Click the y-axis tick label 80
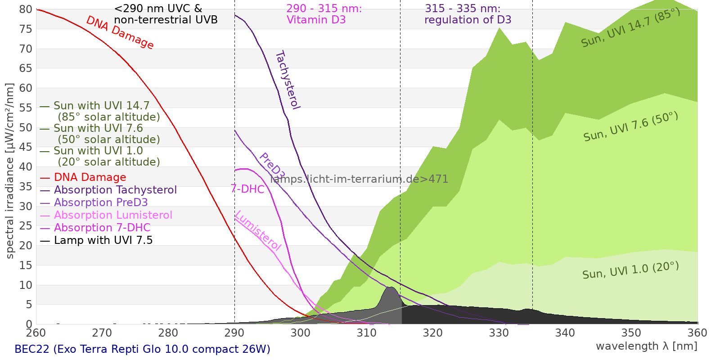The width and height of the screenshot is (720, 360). [x=25, y=9]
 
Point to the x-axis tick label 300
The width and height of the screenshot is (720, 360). [x=301, y=333]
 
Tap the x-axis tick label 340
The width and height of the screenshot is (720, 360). [x=565, y=333]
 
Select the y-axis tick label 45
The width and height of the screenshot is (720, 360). [x=25, y=147]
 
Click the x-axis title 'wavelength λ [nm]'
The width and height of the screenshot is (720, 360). [x=646, y=346]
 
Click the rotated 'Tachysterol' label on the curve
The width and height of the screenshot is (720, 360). [x=288, y=80]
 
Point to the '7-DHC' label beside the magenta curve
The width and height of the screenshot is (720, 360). [x=247, y=189]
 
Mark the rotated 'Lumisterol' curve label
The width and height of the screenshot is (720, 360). [x=258, y=230]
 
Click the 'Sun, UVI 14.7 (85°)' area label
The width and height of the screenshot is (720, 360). [x=630, y=27]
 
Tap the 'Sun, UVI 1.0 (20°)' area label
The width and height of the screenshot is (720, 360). [x=630, y=270]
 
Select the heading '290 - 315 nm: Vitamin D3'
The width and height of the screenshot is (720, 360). [x=324, y=14]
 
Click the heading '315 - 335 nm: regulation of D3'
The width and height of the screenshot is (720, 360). [x=468, y=14]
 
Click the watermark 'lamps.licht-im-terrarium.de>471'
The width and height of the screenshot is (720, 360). [x=359, y=179]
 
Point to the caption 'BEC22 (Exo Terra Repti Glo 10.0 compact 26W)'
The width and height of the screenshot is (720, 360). [x=142, y=349]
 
